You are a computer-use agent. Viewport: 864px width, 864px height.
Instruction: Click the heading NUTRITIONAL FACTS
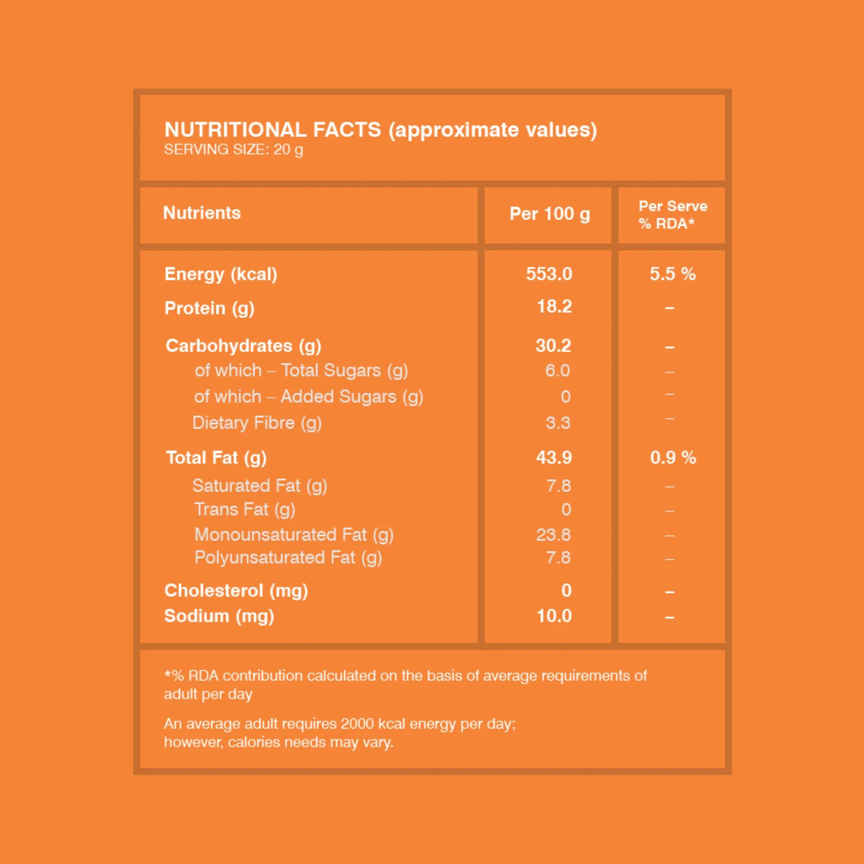click(273, 130)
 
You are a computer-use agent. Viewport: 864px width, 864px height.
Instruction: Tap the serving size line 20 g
click(233, 149)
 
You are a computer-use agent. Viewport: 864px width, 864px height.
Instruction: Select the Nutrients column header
click(202, 213)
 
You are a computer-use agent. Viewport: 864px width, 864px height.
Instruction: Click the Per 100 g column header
click(550, 214)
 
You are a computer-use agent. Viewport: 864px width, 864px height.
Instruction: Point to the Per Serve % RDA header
click(673, 215)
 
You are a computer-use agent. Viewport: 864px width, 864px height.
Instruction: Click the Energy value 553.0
click(549, 274)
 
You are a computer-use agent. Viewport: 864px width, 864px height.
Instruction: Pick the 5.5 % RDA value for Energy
click(673, 274)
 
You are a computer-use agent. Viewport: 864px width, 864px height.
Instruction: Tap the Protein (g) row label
click(209, 308)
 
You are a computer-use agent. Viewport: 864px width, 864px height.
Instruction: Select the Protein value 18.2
click(554, 306)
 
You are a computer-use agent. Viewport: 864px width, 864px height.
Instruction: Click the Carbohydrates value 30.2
click(553, 346)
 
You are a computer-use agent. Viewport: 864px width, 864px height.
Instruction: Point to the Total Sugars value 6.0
click(557, 370)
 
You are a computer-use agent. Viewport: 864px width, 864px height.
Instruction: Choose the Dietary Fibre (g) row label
click(257, 423)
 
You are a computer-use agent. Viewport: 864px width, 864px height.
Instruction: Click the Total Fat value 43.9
click(554, 457)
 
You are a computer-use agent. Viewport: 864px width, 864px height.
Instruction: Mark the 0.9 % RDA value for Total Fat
click(673, 457)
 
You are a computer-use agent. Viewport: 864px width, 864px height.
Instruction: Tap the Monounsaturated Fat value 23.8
click(553, 535)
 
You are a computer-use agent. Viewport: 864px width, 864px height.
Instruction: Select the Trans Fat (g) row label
click(245, 510)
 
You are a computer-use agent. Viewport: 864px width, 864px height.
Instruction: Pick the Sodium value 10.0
click(554, 616)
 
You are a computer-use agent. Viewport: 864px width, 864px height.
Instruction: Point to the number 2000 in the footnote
click(357, 724)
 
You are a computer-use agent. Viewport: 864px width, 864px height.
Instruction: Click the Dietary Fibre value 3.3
click(558, 423)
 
